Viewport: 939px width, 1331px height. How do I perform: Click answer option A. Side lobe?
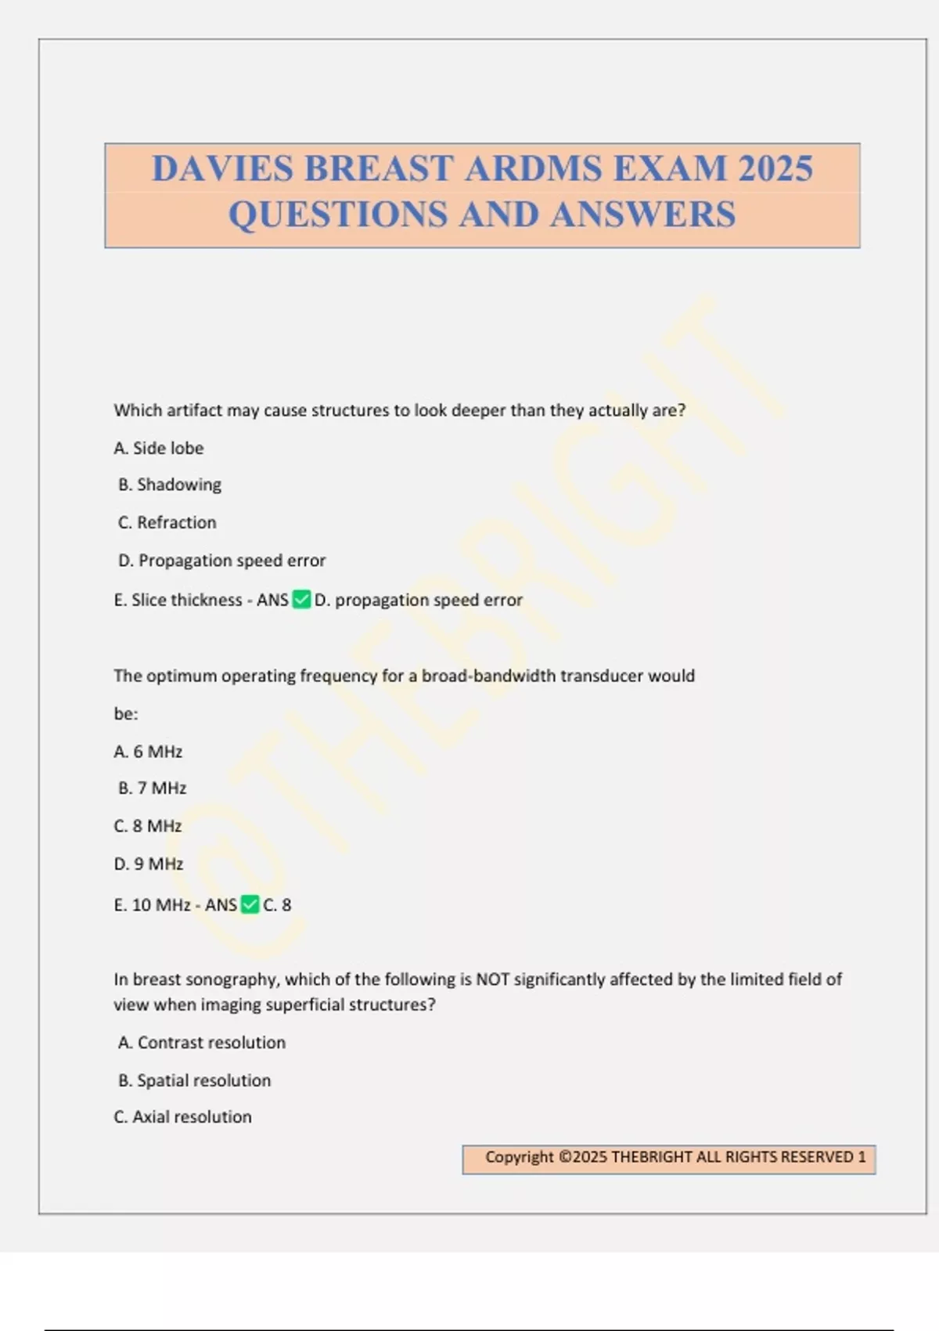pos(159,448)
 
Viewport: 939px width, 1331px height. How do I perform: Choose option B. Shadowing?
pos(170,485)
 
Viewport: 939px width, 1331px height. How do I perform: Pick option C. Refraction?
pos(167,522)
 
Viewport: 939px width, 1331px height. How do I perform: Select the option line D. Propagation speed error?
pos(221,561)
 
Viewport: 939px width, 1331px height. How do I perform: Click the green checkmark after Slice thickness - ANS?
pos(301,600)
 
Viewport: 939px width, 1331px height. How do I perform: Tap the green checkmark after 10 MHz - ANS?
pos(250,904)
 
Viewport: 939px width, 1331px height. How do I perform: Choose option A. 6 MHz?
pos(148,752)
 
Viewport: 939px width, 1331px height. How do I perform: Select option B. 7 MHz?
pos(153,788)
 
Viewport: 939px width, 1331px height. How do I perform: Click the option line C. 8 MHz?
pos(148,826)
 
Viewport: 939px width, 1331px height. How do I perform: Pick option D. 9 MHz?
pos(149,864)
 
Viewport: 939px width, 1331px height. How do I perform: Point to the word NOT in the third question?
pos(492,979)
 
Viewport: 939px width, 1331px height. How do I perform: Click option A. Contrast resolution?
pos(202,1042)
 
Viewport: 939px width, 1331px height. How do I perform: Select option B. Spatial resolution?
pos(195,1080)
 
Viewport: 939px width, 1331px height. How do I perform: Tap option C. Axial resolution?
pos(183,1116)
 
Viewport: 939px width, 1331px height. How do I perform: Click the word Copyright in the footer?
pos(519,1156)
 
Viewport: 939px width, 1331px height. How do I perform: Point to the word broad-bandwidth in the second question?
pos(488,676)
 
